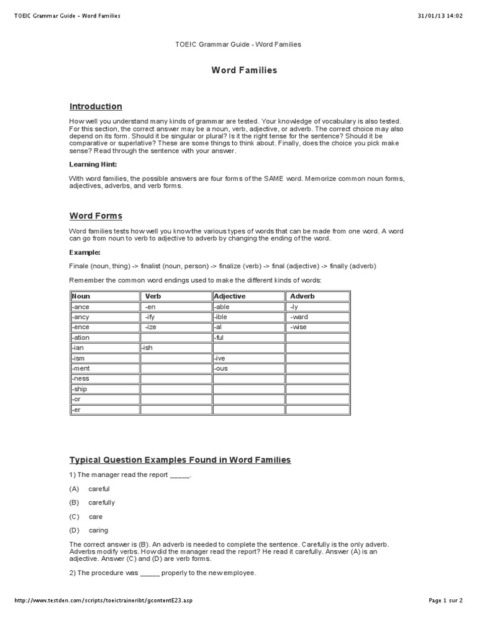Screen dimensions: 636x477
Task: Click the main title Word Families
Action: [243, 70]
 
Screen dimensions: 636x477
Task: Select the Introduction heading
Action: [96, 106]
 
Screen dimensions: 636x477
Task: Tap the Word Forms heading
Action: [96, 216]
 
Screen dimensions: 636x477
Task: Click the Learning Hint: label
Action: [93, 165]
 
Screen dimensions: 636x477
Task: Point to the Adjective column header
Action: [230, 296]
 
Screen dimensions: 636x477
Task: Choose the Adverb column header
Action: [302, 296]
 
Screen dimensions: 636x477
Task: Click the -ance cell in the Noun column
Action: [81, 307]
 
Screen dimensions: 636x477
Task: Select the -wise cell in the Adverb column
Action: [299, 327]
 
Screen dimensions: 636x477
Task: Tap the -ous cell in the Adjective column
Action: [221, 368]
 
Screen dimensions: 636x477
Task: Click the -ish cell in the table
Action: [147, 348]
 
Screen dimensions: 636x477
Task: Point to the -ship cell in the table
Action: [80, 389]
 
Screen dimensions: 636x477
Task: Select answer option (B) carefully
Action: [101, 502]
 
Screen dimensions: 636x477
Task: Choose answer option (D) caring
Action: [98, 530]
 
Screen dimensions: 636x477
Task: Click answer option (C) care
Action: [96, 517]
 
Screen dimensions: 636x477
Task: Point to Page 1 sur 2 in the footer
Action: [445, 601]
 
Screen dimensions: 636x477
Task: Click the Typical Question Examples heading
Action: [180, 460]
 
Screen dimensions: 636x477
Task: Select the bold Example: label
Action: [84, 253]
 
